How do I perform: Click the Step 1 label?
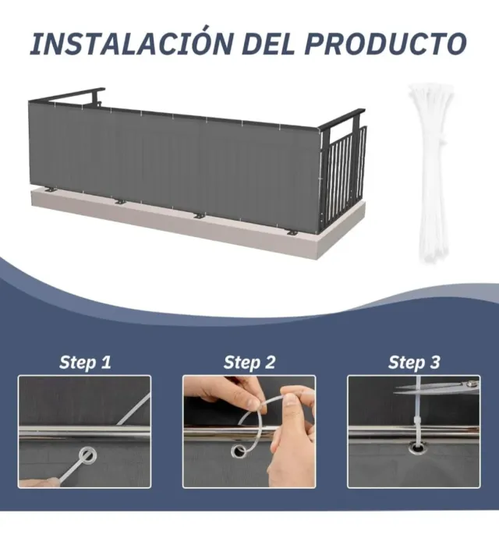(85, 363)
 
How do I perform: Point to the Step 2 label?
(249, 363)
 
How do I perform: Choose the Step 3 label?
(414, 363)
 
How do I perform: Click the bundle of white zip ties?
(431, 173)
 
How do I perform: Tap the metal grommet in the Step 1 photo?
(87, 455)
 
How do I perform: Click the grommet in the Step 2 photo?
(239, 451)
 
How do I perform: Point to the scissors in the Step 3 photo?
(437, 388)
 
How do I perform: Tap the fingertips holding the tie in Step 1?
(39, 483)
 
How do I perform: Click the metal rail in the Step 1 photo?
(84, 433)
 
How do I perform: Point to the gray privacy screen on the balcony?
(174, 164)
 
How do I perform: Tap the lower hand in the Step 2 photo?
(291, 452)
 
